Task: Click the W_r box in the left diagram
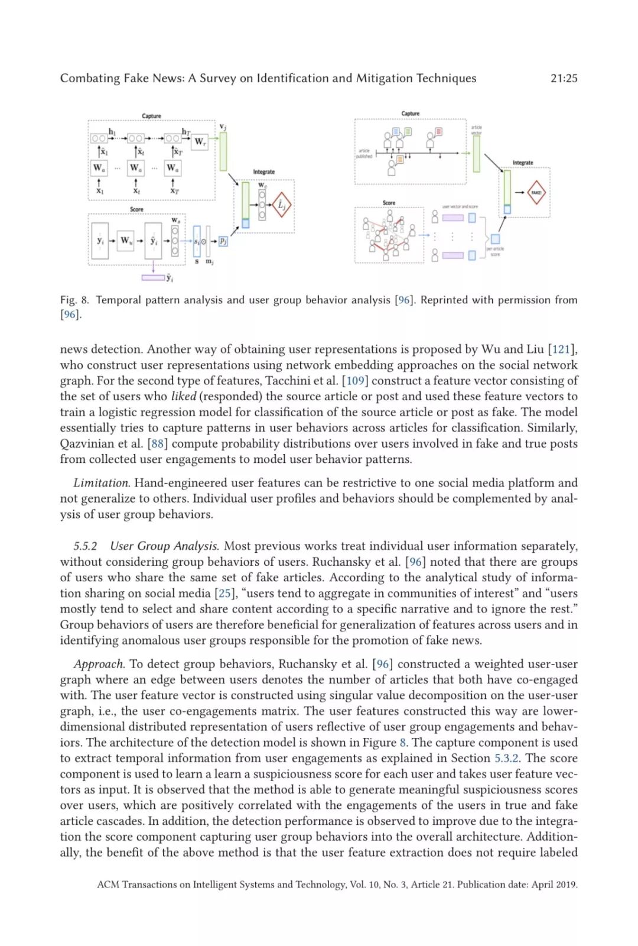pos(200,142)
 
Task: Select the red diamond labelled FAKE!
pos(536,193)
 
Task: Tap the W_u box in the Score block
pos(126,240)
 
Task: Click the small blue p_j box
pos(223,241)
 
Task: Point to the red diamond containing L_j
pos(282,205)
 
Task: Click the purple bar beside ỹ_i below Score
pos(153,277)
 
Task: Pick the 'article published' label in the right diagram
pos(364,154)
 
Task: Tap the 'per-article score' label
pos(495,252)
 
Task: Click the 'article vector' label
pos(476,130)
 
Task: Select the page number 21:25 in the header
pos(564,78)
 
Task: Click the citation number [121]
pos(562,349)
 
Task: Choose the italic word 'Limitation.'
pos(102,483)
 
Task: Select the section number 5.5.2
pos(86,546)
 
